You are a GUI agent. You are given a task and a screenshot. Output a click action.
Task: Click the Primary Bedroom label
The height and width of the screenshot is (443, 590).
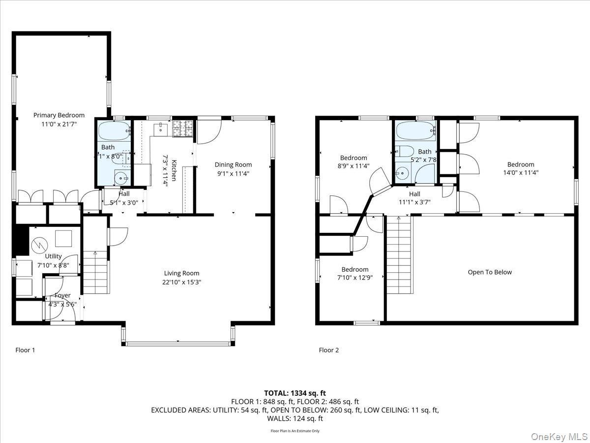59,115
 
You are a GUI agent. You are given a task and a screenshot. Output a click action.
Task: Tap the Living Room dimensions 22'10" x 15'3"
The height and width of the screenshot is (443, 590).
182,282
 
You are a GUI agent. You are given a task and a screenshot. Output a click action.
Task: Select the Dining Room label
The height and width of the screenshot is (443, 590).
233,165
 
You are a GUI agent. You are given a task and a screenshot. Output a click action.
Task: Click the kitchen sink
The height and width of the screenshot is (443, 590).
161,130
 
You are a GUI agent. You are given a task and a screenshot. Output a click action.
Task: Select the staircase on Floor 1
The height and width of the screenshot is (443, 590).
95,272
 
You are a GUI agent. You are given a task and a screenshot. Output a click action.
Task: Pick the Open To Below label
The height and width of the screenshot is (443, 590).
489,272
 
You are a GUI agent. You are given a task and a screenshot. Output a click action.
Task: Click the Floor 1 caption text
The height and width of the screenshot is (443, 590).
26,350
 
